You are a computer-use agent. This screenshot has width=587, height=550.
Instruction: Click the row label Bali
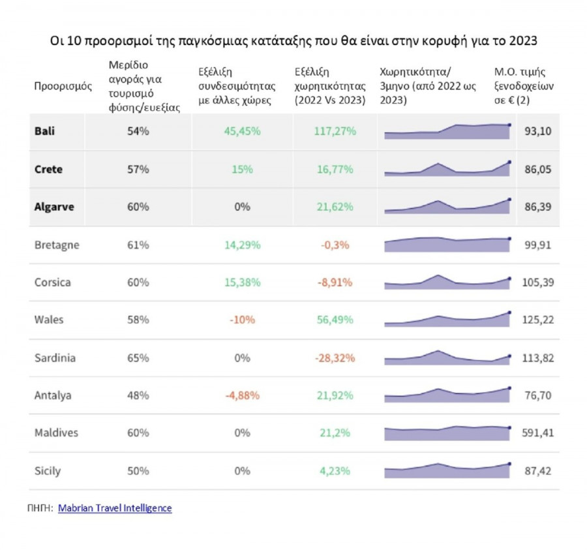coord(44,131)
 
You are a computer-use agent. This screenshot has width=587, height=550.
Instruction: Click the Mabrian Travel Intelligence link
coord(115,508)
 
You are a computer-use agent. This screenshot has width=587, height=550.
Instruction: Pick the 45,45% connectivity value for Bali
coord(242,131)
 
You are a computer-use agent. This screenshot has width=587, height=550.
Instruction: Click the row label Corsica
coord(52,283)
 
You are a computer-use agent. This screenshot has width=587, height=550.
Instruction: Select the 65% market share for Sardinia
coord(138,358)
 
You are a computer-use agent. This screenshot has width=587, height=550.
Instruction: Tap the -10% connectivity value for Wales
coord(242,320)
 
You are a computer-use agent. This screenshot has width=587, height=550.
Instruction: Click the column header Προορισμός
coord(63,87)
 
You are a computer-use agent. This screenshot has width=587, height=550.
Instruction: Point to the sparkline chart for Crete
coord(447,168)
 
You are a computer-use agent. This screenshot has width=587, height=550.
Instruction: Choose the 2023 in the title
coord(520,40)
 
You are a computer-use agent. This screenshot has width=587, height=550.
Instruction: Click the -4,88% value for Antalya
coord(242,395)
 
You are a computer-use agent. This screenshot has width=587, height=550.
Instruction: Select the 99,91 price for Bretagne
coord(538,245)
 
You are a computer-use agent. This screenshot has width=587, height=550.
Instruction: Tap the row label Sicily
coord(47,470)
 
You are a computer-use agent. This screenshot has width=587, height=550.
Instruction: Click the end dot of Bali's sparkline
coord(509,124)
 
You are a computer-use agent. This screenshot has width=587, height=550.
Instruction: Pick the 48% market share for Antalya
coord(138,395)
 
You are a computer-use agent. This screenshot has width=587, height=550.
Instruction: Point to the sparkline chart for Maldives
coord(447,433)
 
